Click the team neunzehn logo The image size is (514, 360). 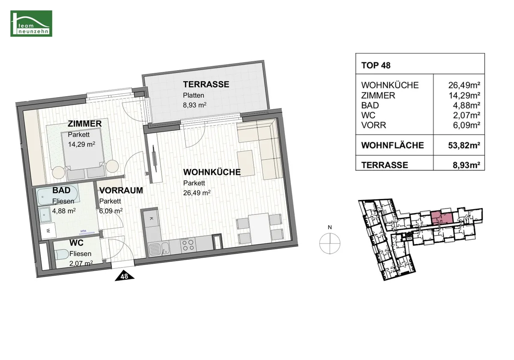coord(31,24)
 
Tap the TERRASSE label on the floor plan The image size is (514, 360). coord(206,84)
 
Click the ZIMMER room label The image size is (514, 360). coord(84,124)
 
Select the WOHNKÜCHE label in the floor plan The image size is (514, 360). coord(212,172)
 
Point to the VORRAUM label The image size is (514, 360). coord(121,190)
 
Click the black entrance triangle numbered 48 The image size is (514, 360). coord(124,276)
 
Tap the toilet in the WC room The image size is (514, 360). coord(62,255)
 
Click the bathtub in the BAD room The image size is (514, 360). coord(57,196)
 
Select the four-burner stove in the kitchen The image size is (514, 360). coord(188,245)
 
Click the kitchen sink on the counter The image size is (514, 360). coord(159,249)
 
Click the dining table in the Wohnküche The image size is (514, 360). coord(260,229)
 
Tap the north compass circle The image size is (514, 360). coord(330,243)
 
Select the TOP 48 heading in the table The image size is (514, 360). coord(376,65)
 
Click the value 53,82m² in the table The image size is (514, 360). coord(464,146)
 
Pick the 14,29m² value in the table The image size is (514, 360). coord(464,95)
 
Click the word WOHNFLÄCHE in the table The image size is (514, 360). coord(392,146)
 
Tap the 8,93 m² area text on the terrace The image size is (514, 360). coord(194,105)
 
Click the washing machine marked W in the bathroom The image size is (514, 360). coord(48,231)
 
